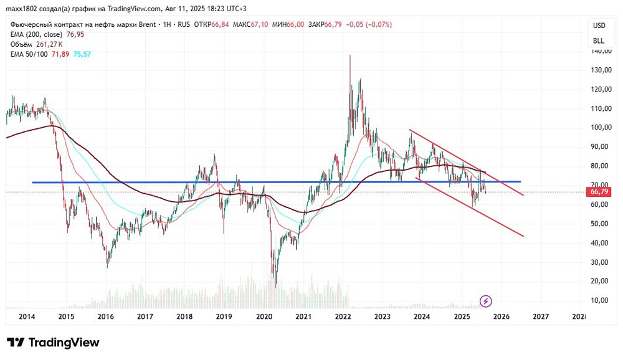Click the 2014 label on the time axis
26,317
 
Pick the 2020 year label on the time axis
265,317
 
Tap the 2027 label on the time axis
540,317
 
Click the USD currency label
599,26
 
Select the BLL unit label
599,40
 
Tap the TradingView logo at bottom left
53,343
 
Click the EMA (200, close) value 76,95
72,34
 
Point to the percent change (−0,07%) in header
374,24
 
